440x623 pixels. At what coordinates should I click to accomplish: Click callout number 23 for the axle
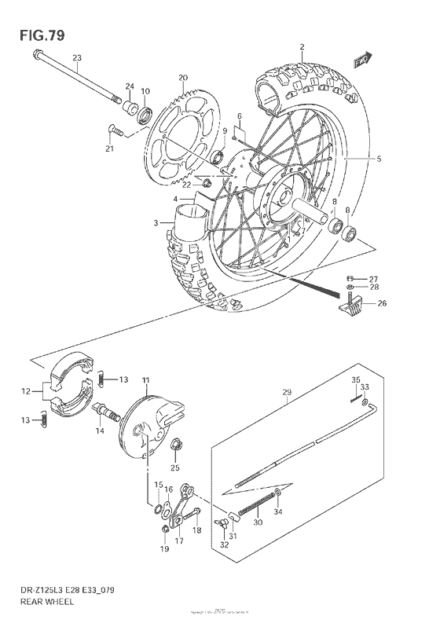[x=76, y=58]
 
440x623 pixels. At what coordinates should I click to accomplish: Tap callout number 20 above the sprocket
[x=182, y=77]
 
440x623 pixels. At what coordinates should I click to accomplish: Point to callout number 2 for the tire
[x=301, y=47]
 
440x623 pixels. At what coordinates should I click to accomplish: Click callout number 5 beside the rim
[x=378, y=159]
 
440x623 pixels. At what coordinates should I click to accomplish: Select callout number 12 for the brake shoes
[x=26, y=390]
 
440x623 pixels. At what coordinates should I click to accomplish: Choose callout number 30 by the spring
[x=257, y=520]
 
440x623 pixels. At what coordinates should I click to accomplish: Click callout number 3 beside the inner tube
[x=156, y=223]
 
